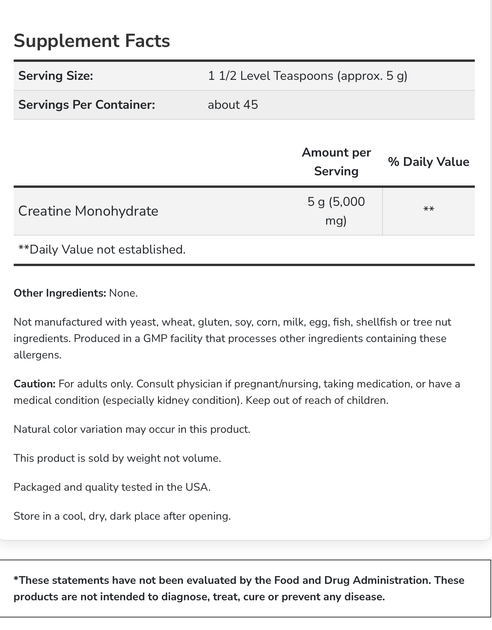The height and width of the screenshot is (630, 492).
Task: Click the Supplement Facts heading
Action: [x=92, y=41]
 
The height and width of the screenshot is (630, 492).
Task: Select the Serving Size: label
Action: [x=56, y=76]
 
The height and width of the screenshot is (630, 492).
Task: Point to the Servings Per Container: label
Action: [x=86, y=105]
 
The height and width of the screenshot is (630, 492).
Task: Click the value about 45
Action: [x=233, y=105]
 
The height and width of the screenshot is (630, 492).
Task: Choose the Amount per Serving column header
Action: [x=336, y=162]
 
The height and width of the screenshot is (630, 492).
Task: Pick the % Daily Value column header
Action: [x=428, y=162]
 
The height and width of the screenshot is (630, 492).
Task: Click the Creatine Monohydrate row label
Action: [x=88, y=211]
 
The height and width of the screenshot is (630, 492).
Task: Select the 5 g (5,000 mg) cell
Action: [x=336, y=211]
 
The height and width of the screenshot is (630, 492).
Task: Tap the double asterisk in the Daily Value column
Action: [x=429, y=209]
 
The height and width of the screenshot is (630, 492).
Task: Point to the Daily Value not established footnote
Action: [x=102, y=249]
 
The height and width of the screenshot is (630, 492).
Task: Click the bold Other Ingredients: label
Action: [x=60, y=293]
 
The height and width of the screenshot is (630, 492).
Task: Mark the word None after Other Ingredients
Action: [x=123, y=293]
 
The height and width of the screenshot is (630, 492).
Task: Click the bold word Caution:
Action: [x=34, y=384]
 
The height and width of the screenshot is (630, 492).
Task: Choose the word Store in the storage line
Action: [x=27, y=516]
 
